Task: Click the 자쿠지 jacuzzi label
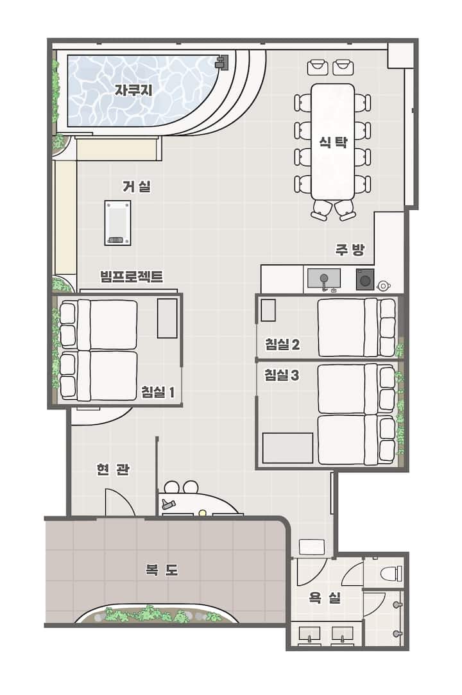pyautogui.click(x=133, y=90)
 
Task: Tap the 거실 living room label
pyautogui.click(x=137, y=186)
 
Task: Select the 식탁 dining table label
pyautogui.click(x=333, y=142)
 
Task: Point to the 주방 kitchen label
pyautogui.click(x=350, y=250)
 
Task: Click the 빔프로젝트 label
pyautogui.click(x=132, y=277)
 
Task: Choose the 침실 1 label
pyautogui.click(x=158, y=392)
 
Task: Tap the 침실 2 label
pyautogui.click(x=282, y=344)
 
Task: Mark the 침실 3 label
pyautogui.click(x=282, y=375)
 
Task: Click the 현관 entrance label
pyautogui.click(x=113, y=469)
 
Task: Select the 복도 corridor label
pyautogui.click(x=162, y=570)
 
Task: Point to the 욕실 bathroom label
pyautogui.click(x=325, y=598)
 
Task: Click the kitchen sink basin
pyautogui.click(x=324, y=279)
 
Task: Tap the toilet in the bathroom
pyautogui.click(x=391, y=574)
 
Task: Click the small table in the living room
pyautogui.click(x=117, y=223)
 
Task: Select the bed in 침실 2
pyautogui.click(x=357, y=327)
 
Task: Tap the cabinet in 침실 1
pyautogui.click(x=167, y=318)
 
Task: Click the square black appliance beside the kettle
pyautogui.click(x=365, y=280)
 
